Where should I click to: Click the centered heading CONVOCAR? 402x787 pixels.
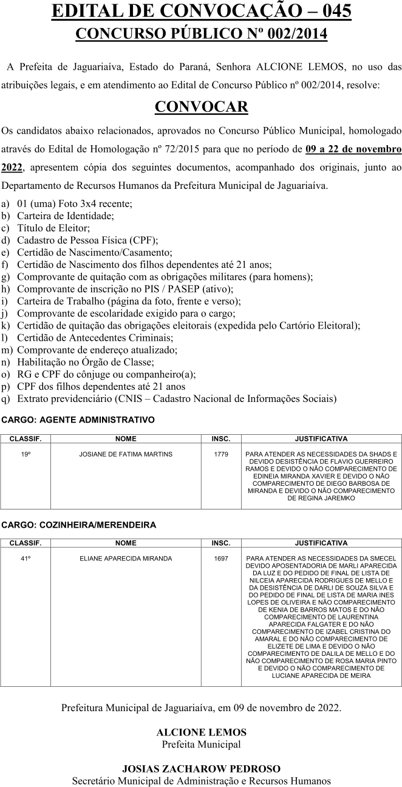click(201, 107)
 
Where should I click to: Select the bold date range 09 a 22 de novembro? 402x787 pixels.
click(353, 149)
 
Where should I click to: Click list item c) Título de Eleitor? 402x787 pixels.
click(53, 228)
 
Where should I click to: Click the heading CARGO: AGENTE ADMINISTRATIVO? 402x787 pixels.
click(78, 420)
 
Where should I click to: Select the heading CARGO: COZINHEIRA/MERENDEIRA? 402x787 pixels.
click(79, 524)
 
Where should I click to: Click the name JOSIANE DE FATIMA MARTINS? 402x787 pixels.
click(126, 454)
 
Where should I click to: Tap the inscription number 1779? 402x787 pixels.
click(221, 454)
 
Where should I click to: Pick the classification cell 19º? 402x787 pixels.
click(26, 454)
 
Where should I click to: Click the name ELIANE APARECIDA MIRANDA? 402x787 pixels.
click(126, 559)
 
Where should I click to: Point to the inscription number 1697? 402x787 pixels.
click(221, 559)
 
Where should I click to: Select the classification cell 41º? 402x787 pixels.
click(26, 559)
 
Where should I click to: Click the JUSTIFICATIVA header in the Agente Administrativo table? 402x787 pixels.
click(321, 438)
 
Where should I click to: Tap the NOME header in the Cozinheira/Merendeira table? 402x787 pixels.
click(126, 543)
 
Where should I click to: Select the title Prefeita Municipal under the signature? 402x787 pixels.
click(201, 744)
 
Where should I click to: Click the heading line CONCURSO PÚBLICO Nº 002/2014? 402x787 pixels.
click(201, 33)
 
